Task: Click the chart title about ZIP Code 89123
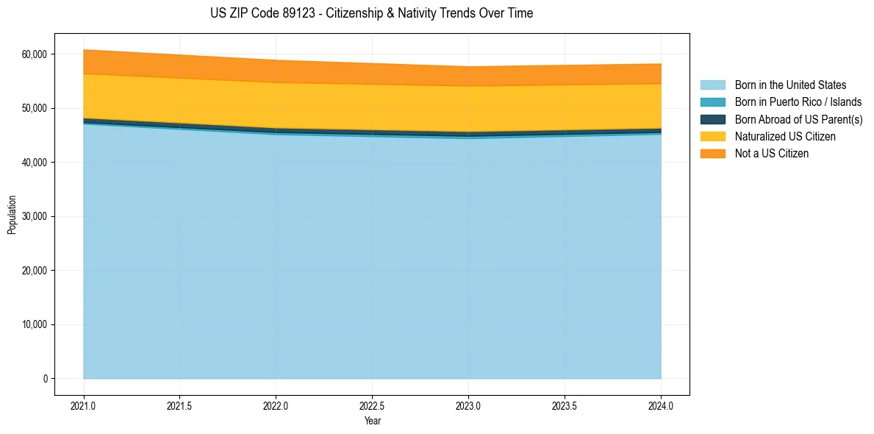(x=371, y=13)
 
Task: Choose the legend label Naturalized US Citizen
(x=785, y=136)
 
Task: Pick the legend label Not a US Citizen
(x=771, y=153)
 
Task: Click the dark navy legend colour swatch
(x=712, y=119)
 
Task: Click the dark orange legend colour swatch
(x=712, y=153)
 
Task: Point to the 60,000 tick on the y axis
(x=34, y=54)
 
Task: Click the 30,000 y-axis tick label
(x=34, y=216)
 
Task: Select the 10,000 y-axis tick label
(x=34, y=324)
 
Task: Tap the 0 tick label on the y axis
(x=45, y=379)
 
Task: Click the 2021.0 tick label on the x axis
(x=84, y=405)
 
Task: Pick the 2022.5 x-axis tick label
(x=372, y=405)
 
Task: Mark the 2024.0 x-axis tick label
(x=661, y=405)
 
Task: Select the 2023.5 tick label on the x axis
(x=565, y=405)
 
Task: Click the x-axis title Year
(x=372, y=421)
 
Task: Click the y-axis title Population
(x=12, y=215)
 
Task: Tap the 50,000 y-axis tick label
(x=34, y=108)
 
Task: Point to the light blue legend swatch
(x=712, y=85)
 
